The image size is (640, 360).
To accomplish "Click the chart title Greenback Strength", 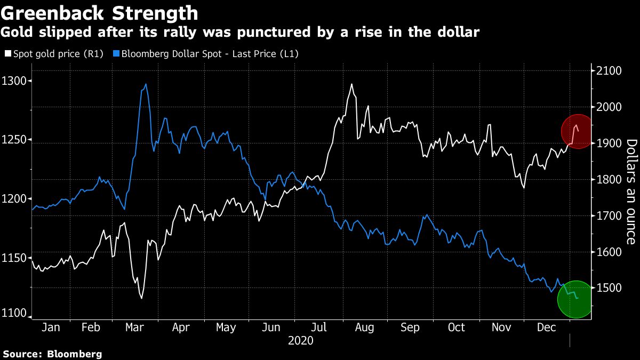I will coord(100,13).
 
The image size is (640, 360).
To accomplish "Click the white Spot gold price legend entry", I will coord(54,53).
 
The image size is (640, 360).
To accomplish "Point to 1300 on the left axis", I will coord(15,81).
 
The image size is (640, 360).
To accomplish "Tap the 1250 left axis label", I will coord(15,140).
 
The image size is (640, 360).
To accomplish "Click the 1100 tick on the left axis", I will coord(15,314).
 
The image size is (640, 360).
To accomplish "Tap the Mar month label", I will coord(134,327).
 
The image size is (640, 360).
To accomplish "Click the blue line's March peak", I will coord(146,84).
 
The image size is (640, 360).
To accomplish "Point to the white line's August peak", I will coord(351,84).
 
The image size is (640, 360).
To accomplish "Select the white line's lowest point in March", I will coord(141,298).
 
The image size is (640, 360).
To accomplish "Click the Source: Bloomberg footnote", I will coord(52,354).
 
